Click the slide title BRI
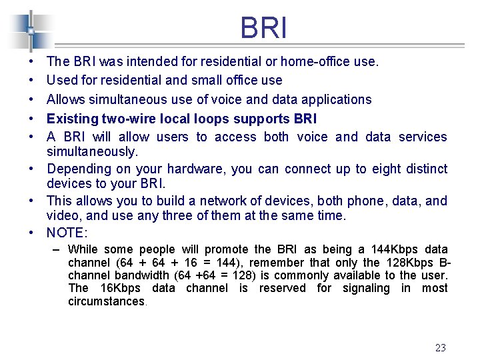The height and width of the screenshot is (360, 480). click(264, 29)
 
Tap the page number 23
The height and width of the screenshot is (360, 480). click(440, 347)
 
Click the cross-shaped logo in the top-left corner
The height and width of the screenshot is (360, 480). click(31, 31)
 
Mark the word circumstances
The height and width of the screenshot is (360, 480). click(106, 301)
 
